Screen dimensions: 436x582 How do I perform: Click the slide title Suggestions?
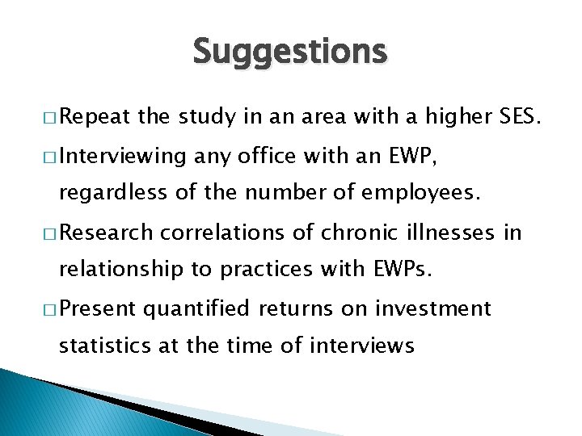(290, 52)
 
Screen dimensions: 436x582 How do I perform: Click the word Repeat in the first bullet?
(95, 118)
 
